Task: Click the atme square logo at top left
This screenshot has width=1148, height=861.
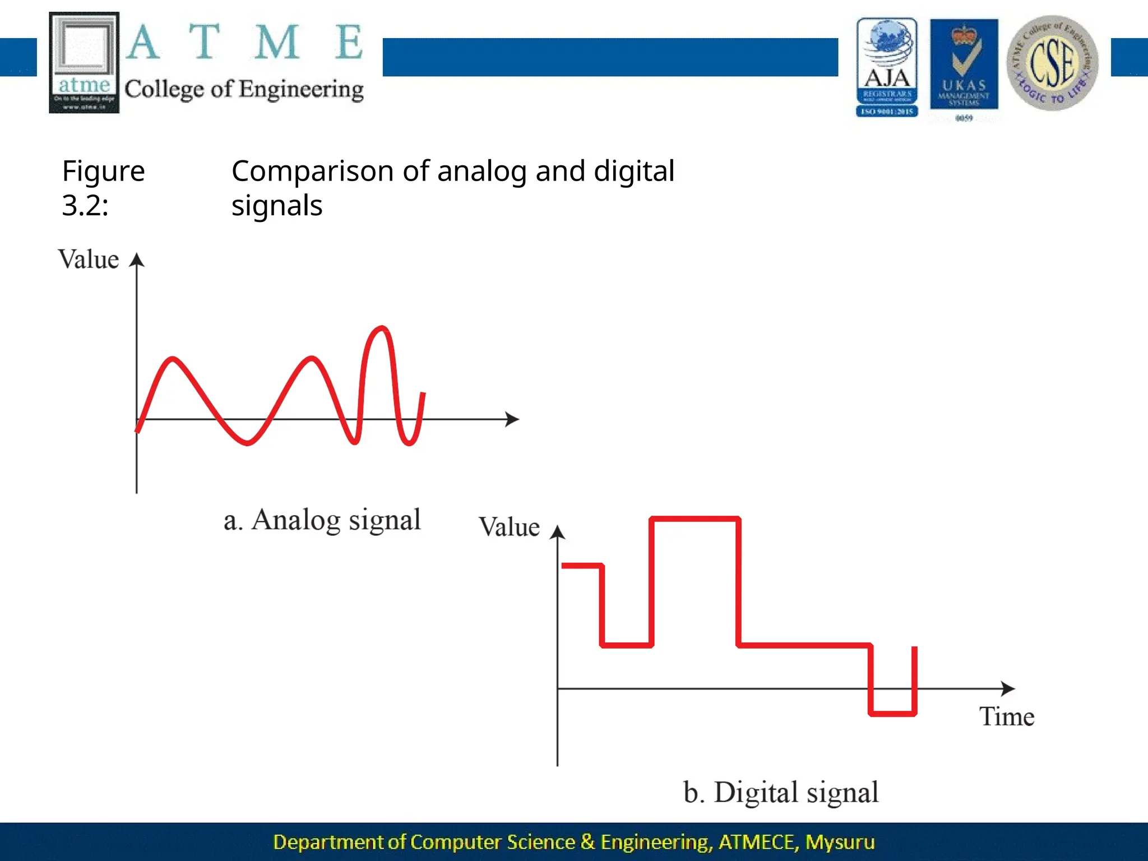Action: click(84, 62)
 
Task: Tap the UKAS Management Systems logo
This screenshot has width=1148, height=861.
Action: click(964, 66)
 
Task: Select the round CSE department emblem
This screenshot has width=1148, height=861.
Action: click(1052, 63)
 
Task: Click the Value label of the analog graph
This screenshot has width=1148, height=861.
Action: click(89, 260)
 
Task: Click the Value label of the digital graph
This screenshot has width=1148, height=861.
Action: click(509, 527)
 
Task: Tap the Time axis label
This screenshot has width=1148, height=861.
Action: click(1006, 716)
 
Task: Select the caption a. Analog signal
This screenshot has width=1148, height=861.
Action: click(322, 520)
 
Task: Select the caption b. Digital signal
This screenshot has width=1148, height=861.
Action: click(780, 793)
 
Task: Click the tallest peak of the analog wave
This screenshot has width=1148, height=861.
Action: click(382, 328)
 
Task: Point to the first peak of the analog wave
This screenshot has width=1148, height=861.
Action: click(173, 359)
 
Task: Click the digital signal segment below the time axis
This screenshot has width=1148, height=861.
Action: click(892, 714)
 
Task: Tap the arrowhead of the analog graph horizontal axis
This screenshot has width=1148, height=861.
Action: click(512, 419)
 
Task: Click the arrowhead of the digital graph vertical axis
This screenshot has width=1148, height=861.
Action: click(557, 532)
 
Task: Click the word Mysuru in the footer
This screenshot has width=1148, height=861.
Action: click(840, 842)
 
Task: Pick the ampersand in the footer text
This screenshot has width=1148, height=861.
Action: click(587, 842)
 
